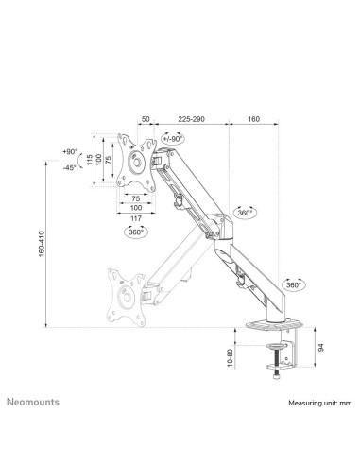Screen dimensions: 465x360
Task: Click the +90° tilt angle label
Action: click(x=71, y=151)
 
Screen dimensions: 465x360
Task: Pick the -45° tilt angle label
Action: click(x=71, y=168)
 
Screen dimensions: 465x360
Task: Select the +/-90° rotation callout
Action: click(x=173, y=139)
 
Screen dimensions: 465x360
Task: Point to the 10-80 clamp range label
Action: click(x=231, y=360)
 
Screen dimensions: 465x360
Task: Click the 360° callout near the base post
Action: click(x=293, y=284)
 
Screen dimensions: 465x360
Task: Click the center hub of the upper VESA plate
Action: click(x=136, y=163)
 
